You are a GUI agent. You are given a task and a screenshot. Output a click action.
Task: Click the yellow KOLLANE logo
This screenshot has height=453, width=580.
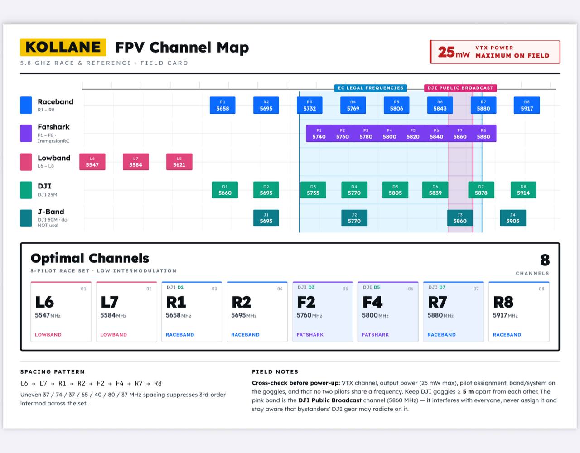pos(63,47)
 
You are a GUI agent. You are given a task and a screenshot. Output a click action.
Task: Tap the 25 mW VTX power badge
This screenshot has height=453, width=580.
pos(495,52)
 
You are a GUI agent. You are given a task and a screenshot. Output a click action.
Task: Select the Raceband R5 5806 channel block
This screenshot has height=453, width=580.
pos(396,106)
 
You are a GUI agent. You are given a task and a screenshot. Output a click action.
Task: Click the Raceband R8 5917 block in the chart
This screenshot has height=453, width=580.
pos(527,106)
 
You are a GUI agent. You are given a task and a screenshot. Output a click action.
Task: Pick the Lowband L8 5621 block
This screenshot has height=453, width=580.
pos(179,162)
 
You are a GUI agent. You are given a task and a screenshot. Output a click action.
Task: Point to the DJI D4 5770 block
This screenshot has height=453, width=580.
pos(354,190)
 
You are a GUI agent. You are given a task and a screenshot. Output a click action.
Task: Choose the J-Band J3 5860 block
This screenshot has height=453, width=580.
pos(460,218)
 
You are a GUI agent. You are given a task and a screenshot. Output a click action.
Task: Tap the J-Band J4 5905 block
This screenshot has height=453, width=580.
pos(513,218)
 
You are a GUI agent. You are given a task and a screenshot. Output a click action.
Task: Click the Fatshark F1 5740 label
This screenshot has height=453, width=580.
pos(319,134)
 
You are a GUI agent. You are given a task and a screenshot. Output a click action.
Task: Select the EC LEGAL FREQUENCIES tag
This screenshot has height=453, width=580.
pos(371,88)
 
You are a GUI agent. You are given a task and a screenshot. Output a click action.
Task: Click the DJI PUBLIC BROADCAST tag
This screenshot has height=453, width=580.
pos(460,88)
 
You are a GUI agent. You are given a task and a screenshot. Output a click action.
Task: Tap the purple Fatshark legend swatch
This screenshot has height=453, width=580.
pos(26,133)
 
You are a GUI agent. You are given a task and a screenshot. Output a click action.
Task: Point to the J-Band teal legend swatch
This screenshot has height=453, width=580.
pos(26,218)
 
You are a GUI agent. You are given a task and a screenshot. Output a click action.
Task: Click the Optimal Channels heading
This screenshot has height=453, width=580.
pos(90,258)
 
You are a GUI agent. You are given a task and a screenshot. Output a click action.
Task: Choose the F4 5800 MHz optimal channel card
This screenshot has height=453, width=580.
pos(388,312)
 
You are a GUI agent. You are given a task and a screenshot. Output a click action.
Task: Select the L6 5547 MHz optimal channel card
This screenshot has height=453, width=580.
pos(61,312)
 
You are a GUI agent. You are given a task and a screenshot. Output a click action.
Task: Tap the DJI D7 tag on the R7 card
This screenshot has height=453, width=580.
pos(437,287)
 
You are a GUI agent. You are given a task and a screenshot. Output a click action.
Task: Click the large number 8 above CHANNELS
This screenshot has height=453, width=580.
pos(545,260)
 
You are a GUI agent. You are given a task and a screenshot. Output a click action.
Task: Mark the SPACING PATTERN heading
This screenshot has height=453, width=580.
pos(52,371)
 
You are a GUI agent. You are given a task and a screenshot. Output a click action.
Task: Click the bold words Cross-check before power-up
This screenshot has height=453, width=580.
pos(296,383)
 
